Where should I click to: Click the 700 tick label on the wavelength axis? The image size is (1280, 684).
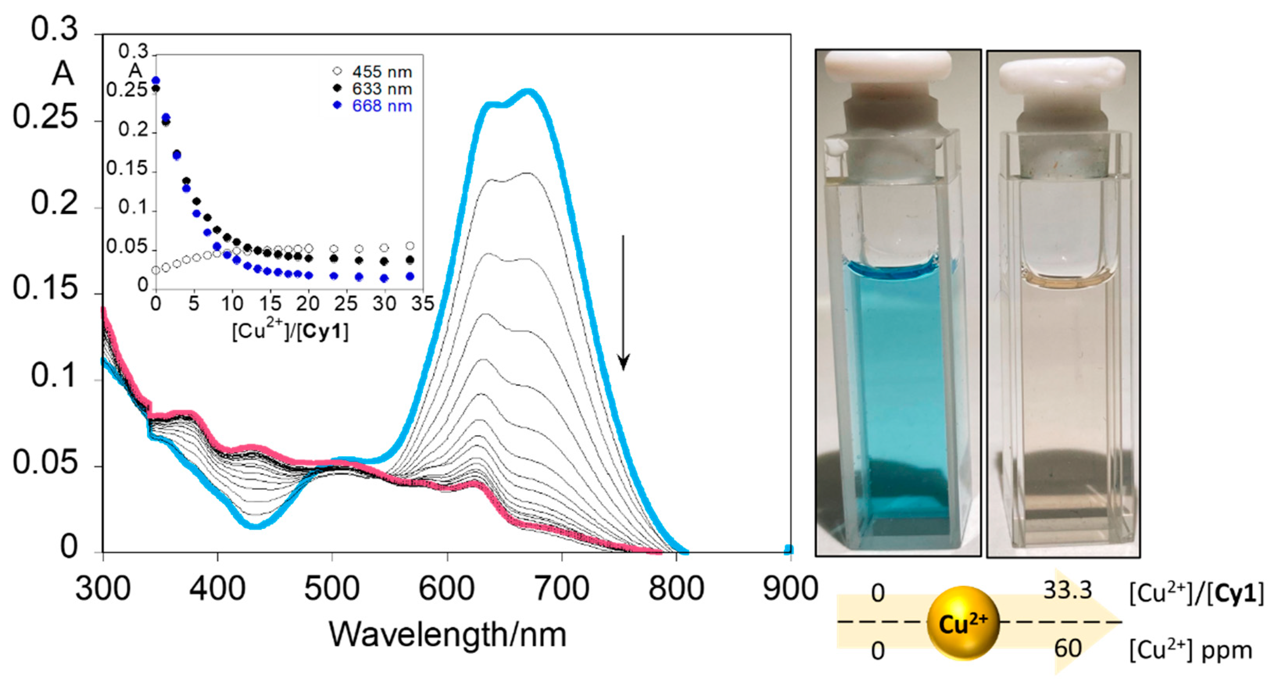click(561, 589)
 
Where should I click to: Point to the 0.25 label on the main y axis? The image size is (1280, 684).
click(46, 118)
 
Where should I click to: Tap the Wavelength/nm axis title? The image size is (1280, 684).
click(447, 635)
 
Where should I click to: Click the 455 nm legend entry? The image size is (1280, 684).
click(373, 72)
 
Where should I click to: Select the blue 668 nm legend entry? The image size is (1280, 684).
click(373, 106)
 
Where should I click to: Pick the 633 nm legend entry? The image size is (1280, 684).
click(373, 89)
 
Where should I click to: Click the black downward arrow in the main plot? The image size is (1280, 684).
click(623, 303)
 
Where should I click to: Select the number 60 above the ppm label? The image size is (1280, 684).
click(1067, 648)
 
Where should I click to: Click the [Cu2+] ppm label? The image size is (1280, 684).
click(1190, 650)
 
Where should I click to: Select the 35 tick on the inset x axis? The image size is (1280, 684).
click(422, 304)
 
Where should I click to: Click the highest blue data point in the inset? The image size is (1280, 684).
click(156, 80)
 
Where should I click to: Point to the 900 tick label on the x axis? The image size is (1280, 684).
click(790, 589)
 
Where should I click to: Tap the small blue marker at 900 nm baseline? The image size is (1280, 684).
click(788, 549)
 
